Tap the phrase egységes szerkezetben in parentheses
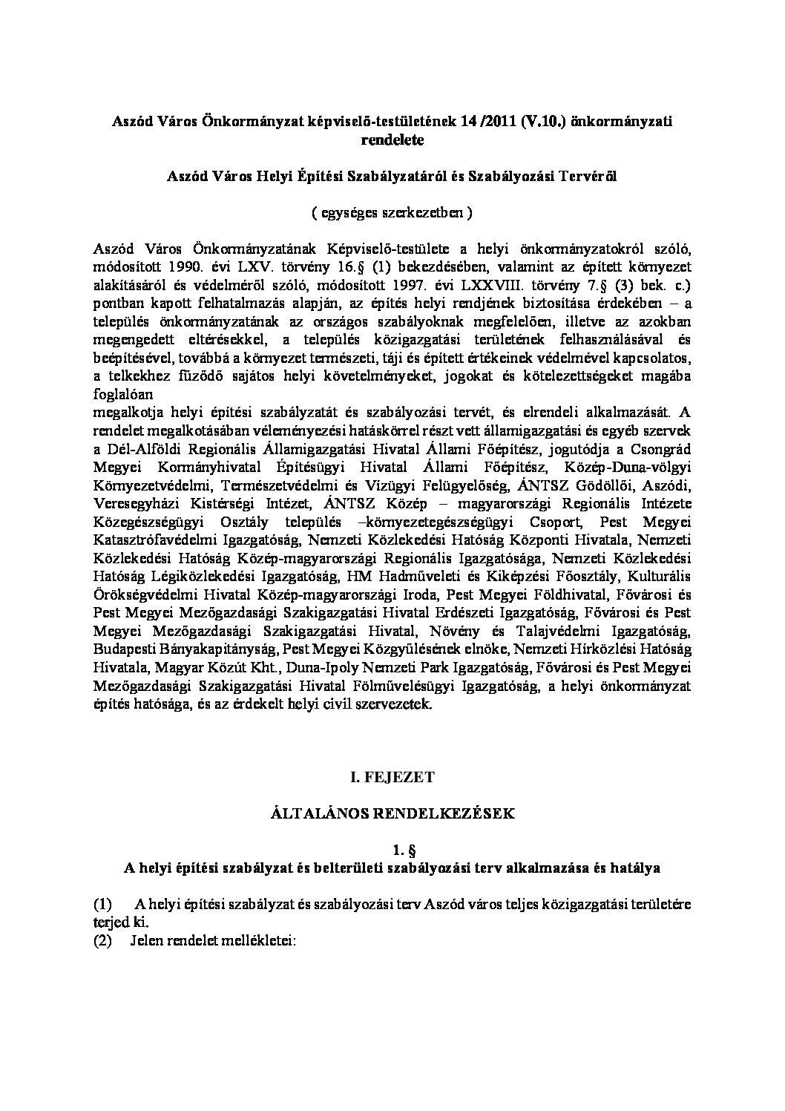[x=392, y=212]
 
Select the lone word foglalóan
[x=122, y=395]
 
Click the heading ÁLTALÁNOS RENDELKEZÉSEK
[x=392, y=813]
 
